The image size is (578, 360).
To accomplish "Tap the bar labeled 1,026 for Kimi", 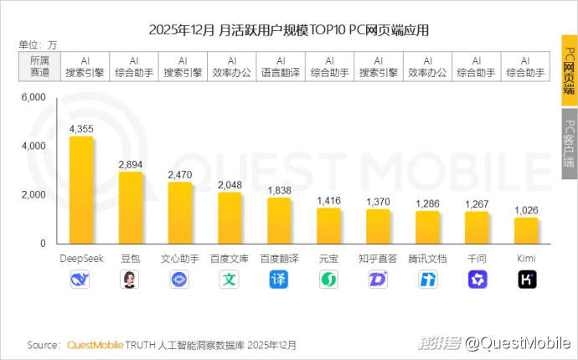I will coord(527,230).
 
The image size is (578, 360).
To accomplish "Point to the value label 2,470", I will coord(180,173).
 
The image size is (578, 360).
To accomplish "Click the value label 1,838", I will coord(279,190).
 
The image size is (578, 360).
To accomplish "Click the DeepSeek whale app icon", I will coord(81,280).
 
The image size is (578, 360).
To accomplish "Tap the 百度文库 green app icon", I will coord(230,280).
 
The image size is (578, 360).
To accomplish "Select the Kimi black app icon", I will coord(527,280).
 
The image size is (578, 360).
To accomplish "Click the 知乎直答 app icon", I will coord(378,280).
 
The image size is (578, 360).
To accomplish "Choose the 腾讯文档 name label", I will coord(428,259).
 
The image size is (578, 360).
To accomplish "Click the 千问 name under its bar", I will coord(477,259).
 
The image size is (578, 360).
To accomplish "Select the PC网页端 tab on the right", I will coord(569,71).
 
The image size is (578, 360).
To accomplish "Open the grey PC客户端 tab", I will coord(569,143).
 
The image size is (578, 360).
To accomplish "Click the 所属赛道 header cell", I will coord(39,67).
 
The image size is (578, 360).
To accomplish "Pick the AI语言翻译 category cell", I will coord(281,67).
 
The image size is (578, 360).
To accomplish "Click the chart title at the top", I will coord(288,31).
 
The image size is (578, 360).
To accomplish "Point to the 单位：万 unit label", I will coord(37,44).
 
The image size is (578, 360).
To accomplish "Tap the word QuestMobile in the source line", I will coord(95,345).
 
